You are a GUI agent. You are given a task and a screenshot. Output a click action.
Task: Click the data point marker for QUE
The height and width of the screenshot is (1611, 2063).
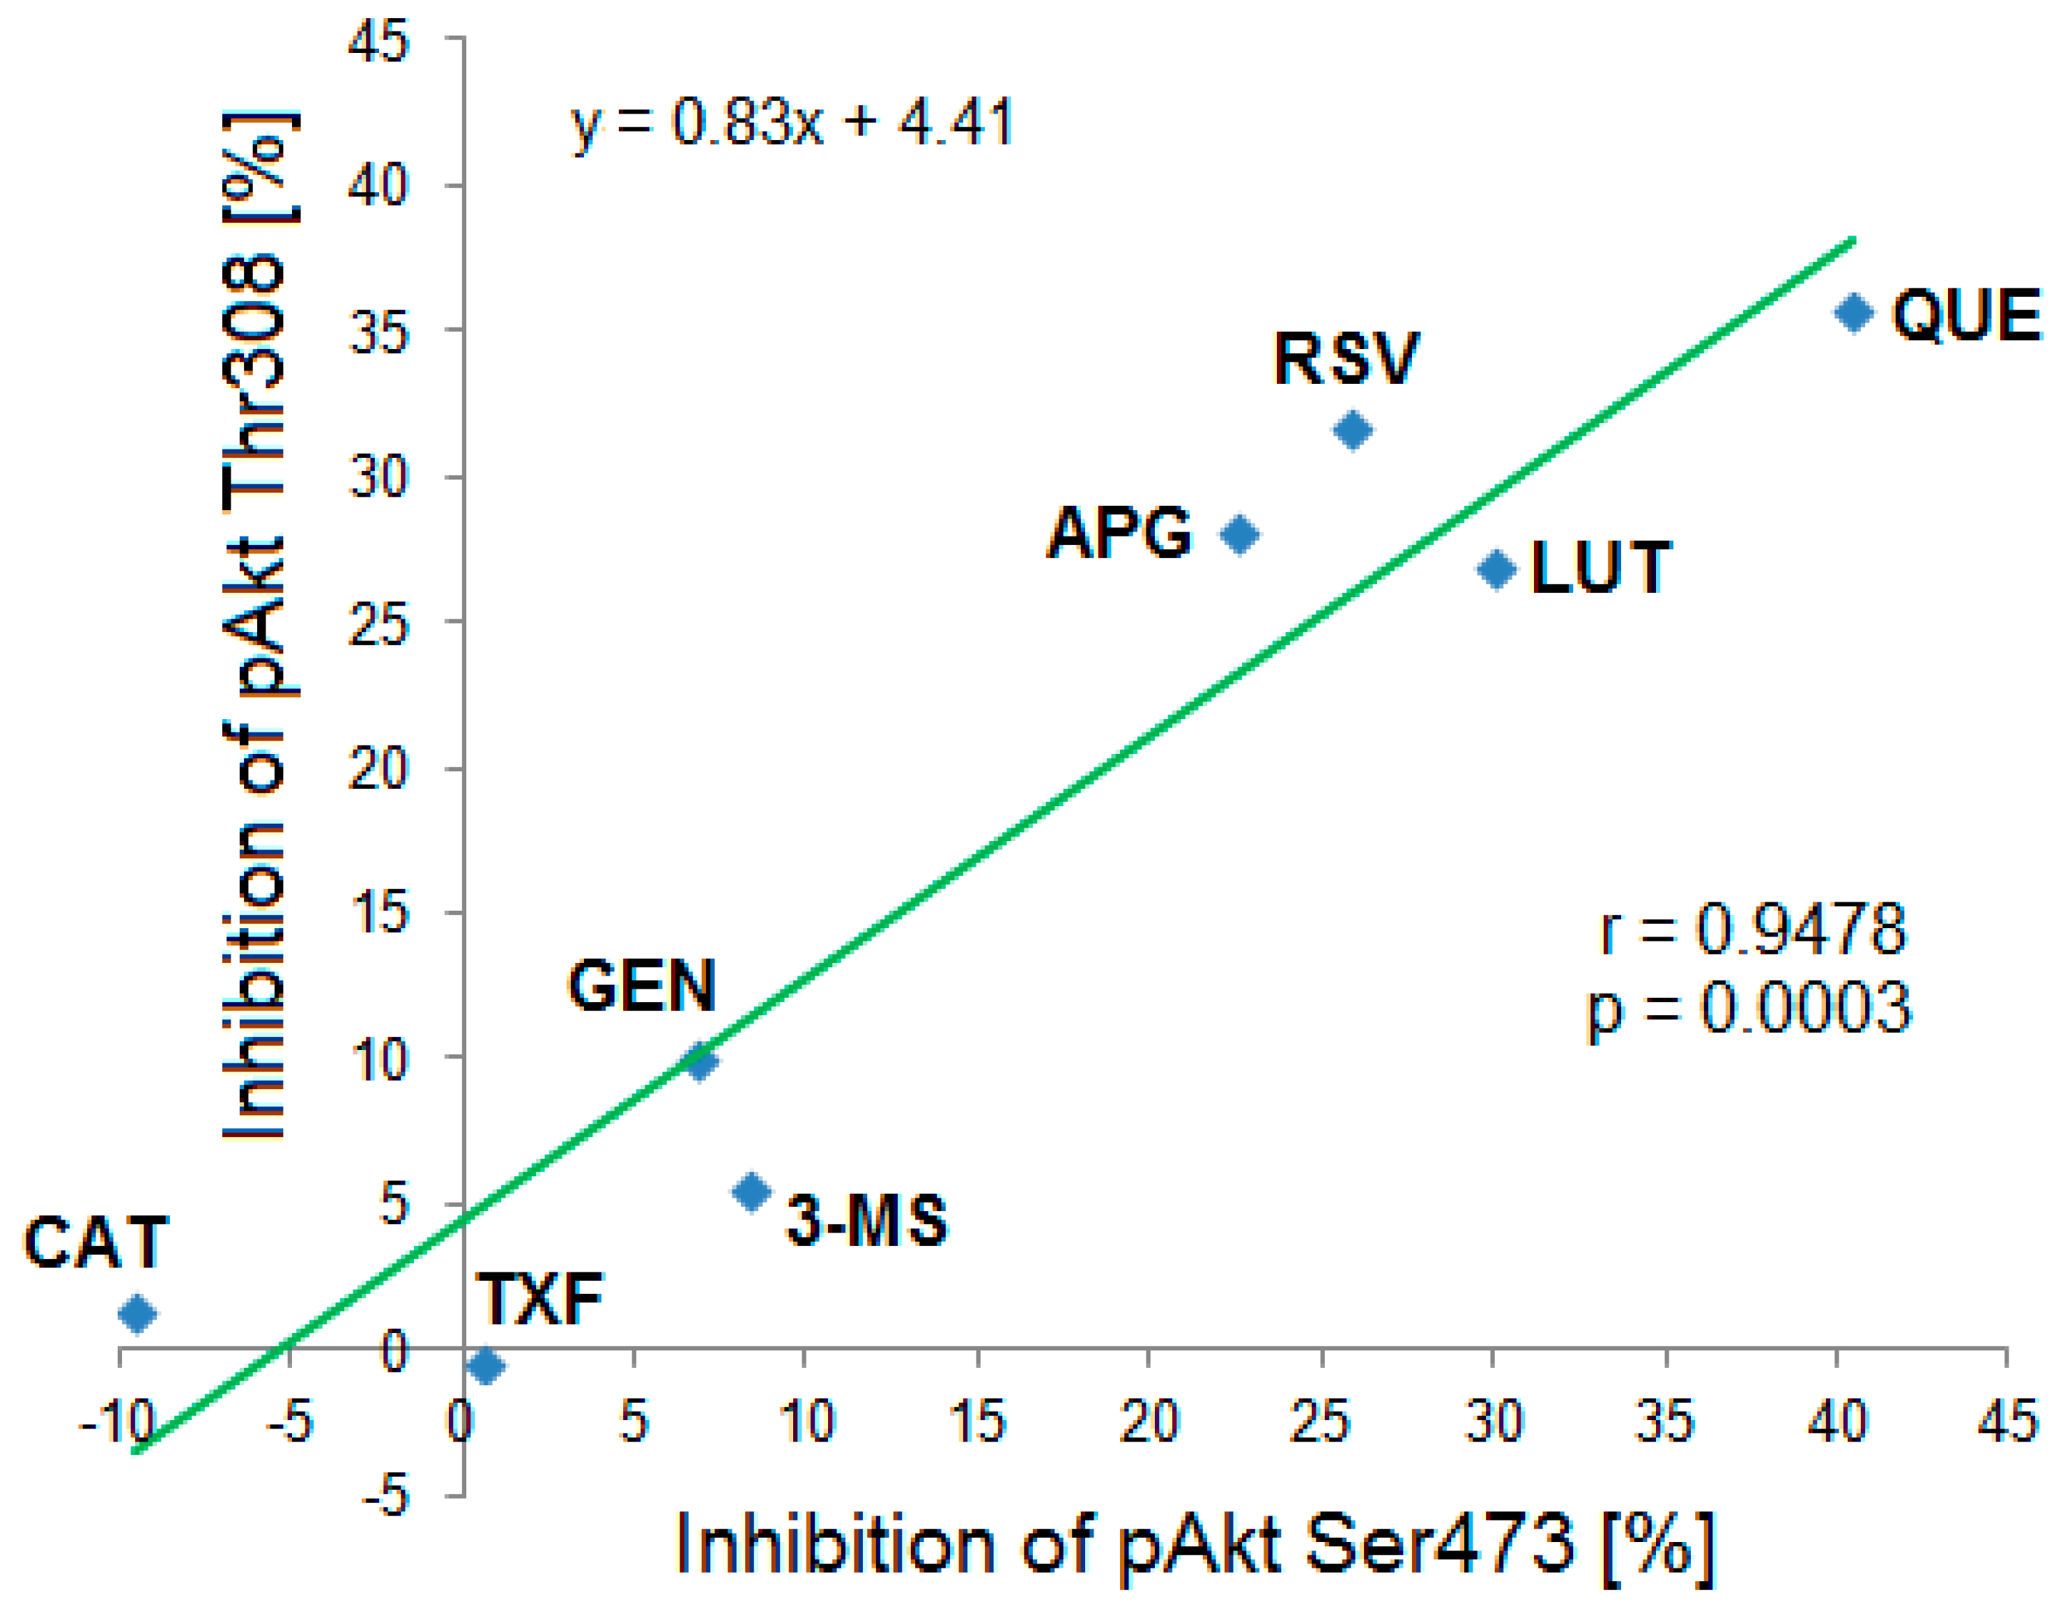[x=1853, y=313]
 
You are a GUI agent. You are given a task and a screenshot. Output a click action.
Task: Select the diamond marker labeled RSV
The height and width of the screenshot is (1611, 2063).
[x=1353, y=431]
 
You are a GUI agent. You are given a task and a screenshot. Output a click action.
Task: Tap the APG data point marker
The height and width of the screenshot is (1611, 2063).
[x=1239, y=534]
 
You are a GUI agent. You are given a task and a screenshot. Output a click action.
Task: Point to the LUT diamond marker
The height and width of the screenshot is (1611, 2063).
[x=1496, y=569]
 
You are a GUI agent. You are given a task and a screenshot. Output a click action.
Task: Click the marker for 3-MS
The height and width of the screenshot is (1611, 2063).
[x=752, y=1192]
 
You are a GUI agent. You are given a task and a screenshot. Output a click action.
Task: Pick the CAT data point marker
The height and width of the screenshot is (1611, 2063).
[x=138, y=1313]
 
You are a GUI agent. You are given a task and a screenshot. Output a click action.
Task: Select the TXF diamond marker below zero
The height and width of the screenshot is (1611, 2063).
[x=486, y=1366]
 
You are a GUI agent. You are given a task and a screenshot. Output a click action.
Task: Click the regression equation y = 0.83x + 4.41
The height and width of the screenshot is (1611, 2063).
[x=792, y=123]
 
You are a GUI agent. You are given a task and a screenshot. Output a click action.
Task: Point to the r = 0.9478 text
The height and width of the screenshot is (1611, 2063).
[x=1754, y=930]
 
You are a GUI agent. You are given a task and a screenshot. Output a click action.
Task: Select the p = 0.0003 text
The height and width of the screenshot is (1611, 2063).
[x=1749, y=1008]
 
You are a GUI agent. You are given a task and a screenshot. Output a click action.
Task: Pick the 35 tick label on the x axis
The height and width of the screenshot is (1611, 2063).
[x=1664, y=1422]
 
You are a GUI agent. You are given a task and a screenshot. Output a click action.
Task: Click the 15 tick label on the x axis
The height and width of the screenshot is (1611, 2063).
[x=976, y=1422]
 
